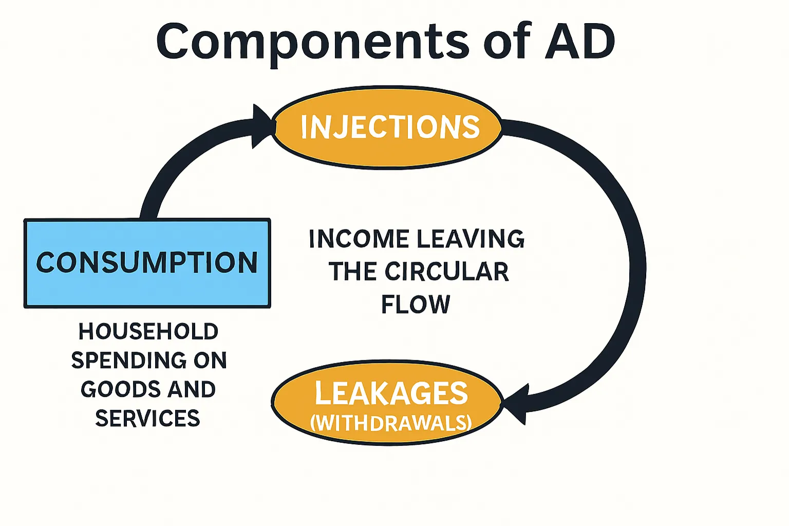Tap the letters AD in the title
(579, 41)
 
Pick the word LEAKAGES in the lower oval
(391, 393)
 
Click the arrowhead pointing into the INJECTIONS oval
(262, 126)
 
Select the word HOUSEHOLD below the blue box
(148, 332)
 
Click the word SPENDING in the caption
(128, 360)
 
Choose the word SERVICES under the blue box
(147, 418)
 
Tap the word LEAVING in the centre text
(470, 239)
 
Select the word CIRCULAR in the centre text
(446, 271)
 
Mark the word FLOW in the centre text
(416, 304)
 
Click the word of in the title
(506, 41)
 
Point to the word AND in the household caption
(192, 389)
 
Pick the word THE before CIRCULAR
(352, 271)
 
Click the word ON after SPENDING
(210, 360)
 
